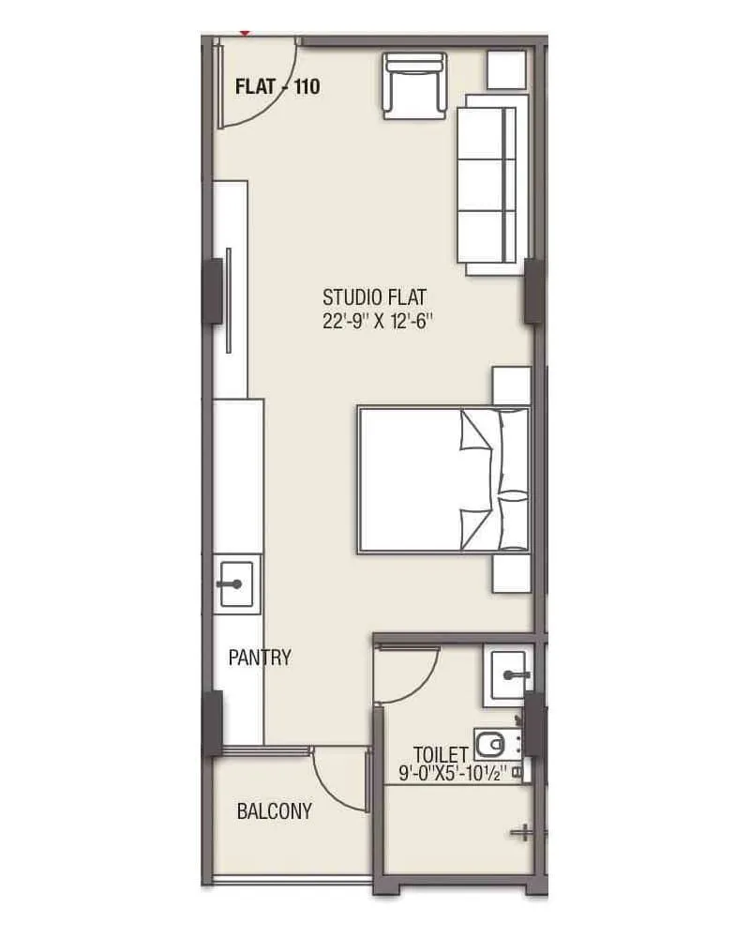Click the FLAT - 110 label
coord(277,87)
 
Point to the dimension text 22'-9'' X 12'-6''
coord(377,321)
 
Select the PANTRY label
coord(260,658)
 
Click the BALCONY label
coord(274,811)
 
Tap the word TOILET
coord(441,754)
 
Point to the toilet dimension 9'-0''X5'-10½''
coord(453,774)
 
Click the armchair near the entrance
coord(414,84)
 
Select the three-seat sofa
coord(487,185)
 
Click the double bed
coord(442,479)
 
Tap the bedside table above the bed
coord(512,386)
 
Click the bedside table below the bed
coord(512,572)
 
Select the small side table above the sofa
coord(506,69)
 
